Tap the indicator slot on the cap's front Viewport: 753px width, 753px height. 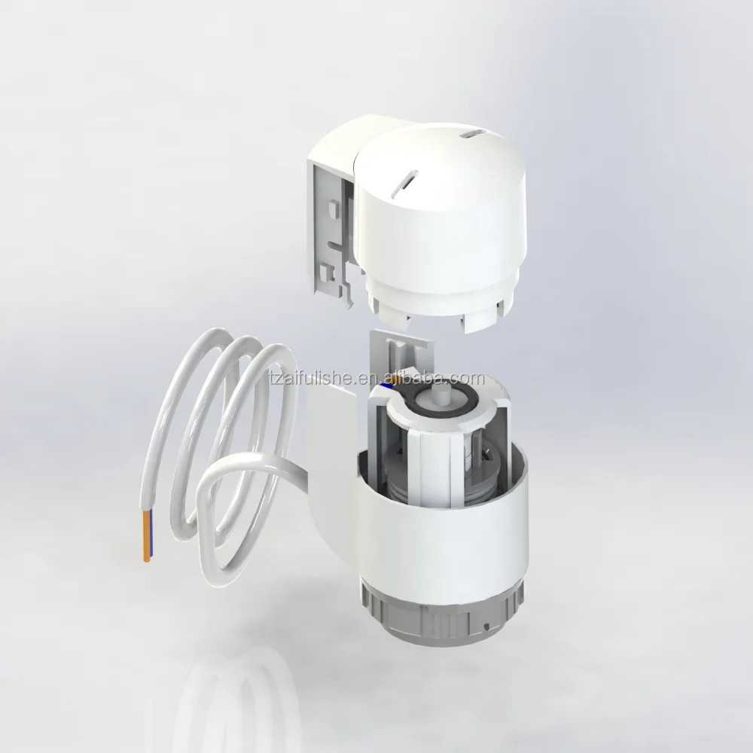[404, 184]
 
